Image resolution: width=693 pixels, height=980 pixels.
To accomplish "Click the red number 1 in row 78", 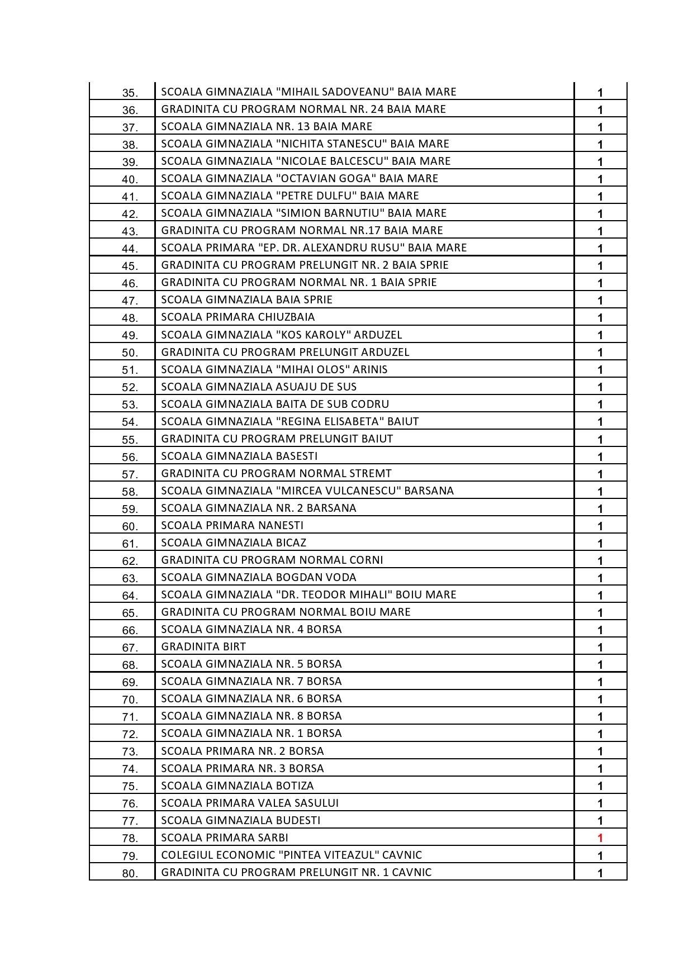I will tap(600, 838).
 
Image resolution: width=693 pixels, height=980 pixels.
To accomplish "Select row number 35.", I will tap(130, 93).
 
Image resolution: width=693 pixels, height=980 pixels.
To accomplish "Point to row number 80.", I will tap(130, 873).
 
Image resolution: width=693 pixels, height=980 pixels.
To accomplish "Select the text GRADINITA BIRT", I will tap(203, 646).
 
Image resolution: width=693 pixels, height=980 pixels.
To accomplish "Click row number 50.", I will tap(130, 353).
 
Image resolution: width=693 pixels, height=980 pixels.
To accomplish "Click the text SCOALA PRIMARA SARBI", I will tap(225, 838).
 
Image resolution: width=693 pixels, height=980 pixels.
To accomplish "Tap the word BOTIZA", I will tap(295, 786).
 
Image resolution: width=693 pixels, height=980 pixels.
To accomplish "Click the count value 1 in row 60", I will tap(600, 526).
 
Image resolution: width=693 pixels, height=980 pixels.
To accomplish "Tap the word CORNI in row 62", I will tap(366, 560).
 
